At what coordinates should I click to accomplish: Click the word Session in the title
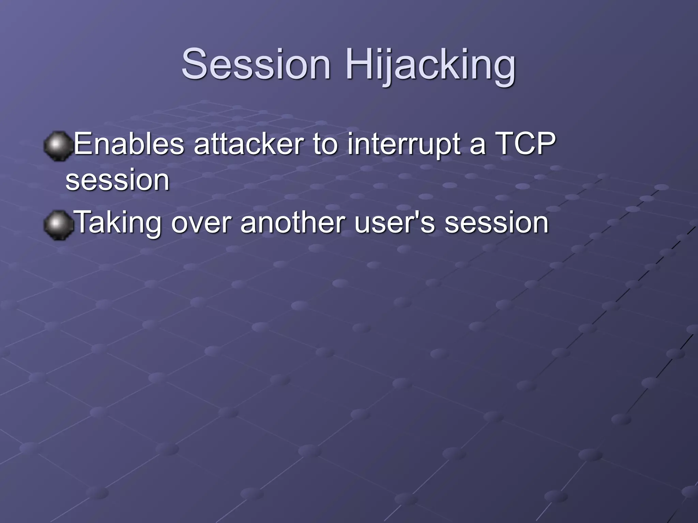(256, 64)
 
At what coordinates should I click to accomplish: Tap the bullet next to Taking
(58, 225)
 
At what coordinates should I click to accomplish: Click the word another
(292, 223)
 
